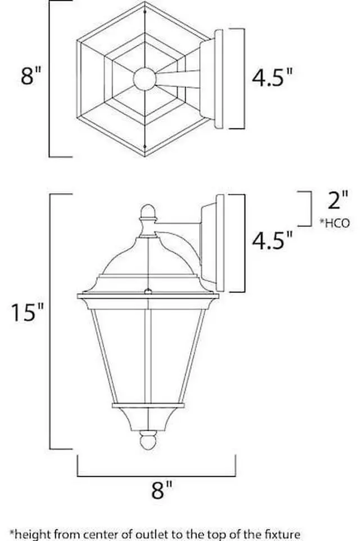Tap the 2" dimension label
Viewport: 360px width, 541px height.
click(x=337, y=200)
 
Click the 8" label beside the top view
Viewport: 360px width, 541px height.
click(x=31, y=76)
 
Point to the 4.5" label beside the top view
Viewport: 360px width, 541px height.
click(x=273, y=78)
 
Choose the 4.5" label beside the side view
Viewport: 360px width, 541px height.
click(x=273, y=240)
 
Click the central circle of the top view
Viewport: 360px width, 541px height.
click(x=145, y=79)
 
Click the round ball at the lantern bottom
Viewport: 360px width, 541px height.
click(x=147, y=441)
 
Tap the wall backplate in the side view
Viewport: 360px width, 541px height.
click(x=219, y=243)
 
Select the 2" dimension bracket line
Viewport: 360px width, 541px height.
click(x=310, y=209)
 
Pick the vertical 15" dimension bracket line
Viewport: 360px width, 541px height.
click(x=51, y=321)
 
